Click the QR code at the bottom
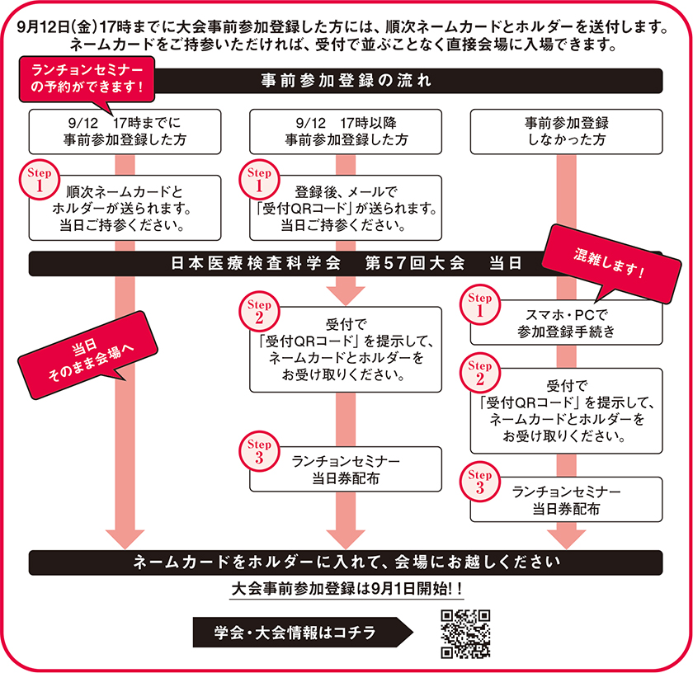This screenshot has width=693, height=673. tap(466, 633)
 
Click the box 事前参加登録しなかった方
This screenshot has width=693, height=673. tap(566, 131)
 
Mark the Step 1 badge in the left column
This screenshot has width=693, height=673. tap(40, 181)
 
